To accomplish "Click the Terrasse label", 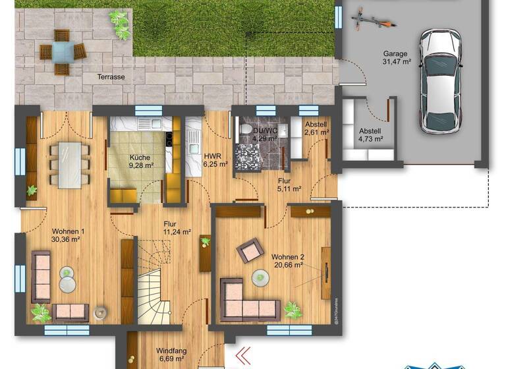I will coord(111,77).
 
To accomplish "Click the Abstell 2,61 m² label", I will coord(316,128).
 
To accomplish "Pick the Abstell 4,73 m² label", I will coord(371,134).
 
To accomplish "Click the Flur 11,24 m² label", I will coord(177,227).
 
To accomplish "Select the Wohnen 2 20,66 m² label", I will coord(287,260).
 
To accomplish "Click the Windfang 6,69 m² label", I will coord(170,355).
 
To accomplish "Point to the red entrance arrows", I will coord(243,355).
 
